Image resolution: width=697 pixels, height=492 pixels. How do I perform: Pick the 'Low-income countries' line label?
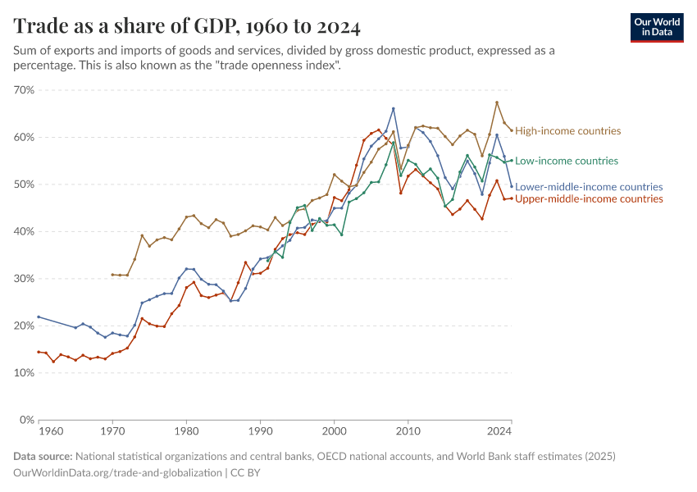pos(567,161)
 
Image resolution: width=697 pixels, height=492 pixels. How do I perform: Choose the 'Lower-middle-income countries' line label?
pos(589,187)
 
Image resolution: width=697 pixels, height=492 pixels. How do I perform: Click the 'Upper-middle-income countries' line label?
pos(589,199)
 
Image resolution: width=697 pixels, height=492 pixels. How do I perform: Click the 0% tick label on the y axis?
pos(25,420)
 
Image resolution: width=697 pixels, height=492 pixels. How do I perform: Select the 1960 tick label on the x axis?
pos(51,430)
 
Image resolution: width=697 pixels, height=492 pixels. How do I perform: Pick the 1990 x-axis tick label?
pos(260,430)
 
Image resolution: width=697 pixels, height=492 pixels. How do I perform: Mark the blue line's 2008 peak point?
pos(394,108)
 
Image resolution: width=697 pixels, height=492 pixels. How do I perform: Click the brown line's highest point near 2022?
pos(497,102)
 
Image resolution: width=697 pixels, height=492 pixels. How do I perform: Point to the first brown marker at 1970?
pos(112,275)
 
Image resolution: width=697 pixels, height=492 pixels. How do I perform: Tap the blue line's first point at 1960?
pos(39,317)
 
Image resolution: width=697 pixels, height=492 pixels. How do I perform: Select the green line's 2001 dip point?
pos(342,235)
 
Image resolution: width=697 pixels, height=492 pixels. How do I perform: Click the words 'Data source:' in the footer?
pos(43,457)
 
